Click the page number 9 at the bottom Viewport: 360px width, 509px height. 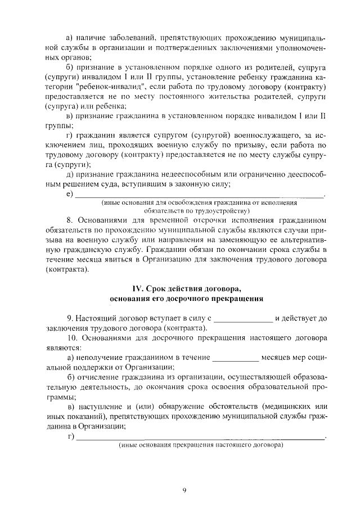[x=184, y=490]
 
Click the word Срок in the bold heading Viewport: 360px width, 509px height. [x=159, y=289]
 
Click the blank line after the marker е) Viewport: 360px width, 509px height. [x=200, y=195]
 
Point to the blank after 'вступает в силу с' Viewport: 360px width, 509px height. [x=243, y=318]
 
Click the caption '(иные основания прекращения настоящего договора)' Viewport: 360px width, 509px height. [x=200, y=445]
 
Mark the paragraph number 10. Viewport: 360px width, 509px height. [x=71, y=338]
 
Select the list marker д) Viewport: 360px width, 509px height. [x=70, y=174]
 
